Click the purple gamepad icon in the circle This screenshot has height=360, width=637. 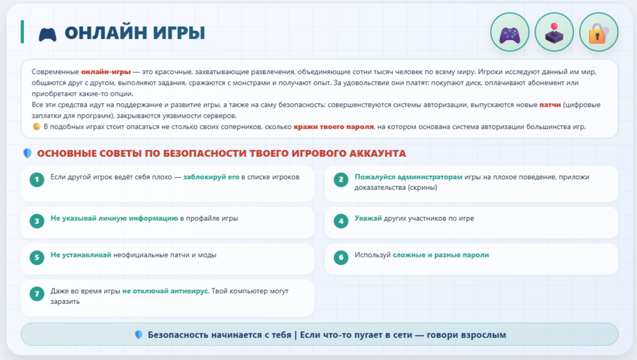coord(510,35)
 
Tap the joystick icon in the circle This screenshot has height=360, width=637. coord(554,33)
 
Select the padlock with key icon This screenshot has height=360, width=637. coord(599,33)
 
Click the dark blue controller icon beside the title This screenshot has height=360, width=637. coord(48,35)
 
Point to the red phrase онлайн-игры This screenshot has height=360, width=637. coord(106,72)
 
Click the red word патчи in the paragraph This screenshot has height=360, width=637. coord(550,105)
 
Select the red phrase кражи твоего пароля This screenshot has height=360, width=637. coord(333,127)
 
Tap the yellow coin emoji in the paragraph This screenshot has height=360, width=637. coord(37,126)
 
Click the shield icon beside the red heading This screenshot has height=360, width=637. coord(28,153)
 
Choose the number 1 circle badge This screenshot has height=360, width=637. coord(37,179)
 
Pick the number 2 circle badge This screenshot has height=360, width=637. coord(341,179)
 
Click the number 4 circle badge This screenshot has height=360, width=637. coord(341,221)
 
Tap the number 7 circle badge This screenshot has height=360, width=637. coord(37,294)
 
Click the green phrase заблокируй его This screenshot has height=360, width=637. coord(211,177)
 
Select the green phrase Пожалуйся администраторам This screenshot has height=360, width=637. coord(408,177)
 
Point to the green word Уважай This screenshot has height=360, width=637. coord(368,218)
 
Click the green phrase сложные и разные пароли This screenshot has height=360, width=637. coord(441,255)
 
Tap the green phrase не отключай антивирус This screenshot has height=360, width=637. coord(165,291)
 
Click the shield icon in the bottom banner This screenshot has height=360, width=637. coord(139,335)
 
